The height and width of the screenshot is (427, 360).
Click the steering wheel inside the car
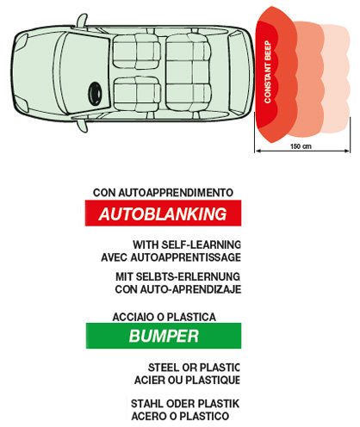tap(95, 93)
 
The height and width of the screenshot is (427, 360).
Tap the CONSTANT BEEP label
tap(268, 71)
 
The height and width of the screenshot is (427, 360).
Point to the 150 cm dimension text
tap(301, 146)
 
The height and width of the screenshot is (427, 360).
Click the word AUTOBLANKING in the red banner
tap(163, 214)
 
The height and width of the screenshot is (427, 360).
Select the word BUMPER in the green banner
tap(164, 336)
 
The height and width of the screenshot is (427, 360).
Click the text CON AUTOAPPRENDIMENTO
tap(163, 193)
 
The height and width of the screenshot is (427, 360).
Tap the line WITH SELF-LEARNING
tap(187, 244)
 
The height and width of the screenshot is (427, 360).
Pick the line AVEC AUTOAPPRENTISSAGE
tap(171, 257)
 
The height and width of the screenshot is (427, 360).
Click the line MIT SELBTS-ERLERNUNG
tap(177, 276)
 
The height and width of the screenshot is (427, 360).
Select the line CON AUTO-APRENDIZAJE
tap(178, 289)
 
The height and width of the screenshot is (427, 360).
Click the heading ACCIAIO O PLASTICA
tap(164, 317)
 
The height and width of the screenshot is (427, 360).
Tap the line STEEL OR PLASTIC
tap(194, 368)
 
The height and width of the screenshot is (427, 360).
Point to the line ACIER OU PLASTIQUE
tap(187, 381)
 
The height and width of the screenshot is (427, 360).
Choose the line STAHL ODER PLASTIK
tap(185, 404)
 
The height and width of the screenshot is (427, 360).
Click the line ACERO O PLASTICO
tap(180, 416)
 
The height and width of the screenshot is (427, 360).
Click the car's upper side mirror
tap(82, 21)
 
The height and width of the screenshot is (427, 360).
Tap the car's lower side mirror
tap(82, 126)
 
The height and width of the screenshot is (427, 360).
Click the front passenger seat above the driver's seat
tap(136, 52)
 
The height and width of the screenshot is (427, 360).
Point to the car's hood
tap(36, 73)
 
